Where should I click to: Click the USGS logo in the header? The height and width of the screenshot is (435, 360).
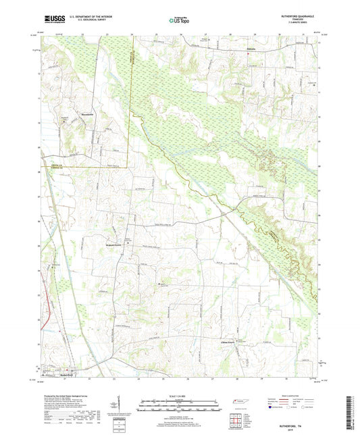[x=51, y=20]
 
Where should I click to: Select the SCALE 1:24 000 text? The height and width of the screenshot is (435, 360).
[x=179, y=396]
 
